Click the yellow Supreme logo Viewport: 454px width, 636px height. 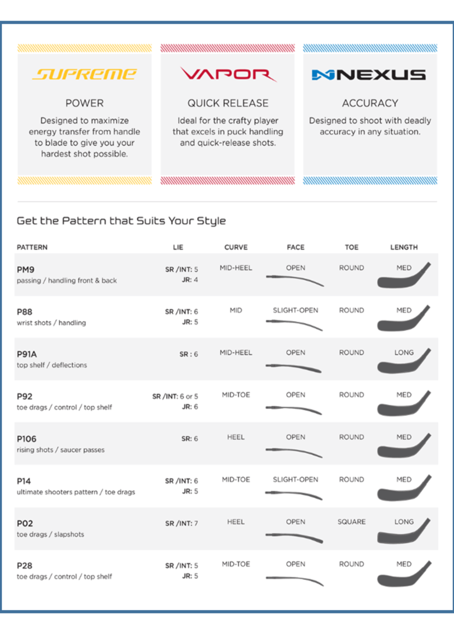coord(84,74)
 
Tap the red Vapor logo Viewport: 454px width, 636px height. coord(228,75)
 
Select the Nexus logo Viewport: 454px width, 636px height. coord(369,75)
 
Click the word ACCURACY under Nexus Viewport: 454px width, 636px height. coord(370,103)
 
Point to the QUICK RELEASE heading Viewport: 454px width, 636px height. coord(228,103)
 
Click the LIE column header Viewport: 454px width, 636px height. coord(178,248)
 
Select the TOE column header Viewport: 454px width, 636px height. coord(352,248)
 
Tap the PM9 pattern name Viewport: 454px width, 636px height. coord(25,270)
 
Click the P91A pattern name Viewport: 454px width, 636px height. coord(27,354)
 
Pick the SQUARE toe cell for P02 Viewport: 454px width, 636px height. coord(352,522)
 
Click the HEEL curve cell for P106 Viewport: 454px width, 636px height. coord(236,437)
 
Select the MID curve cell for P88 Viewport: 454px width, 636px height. coord(236,310)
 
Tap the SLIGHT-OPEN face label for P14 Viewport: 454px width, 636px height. coord(295,479)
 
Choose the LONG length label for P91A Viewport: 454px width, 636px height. coord(404,352)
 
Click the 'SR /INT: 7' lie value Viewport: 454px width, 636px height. coord(182,524)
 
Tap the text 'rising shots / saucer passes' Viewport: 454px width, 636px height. coord(61,450)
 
